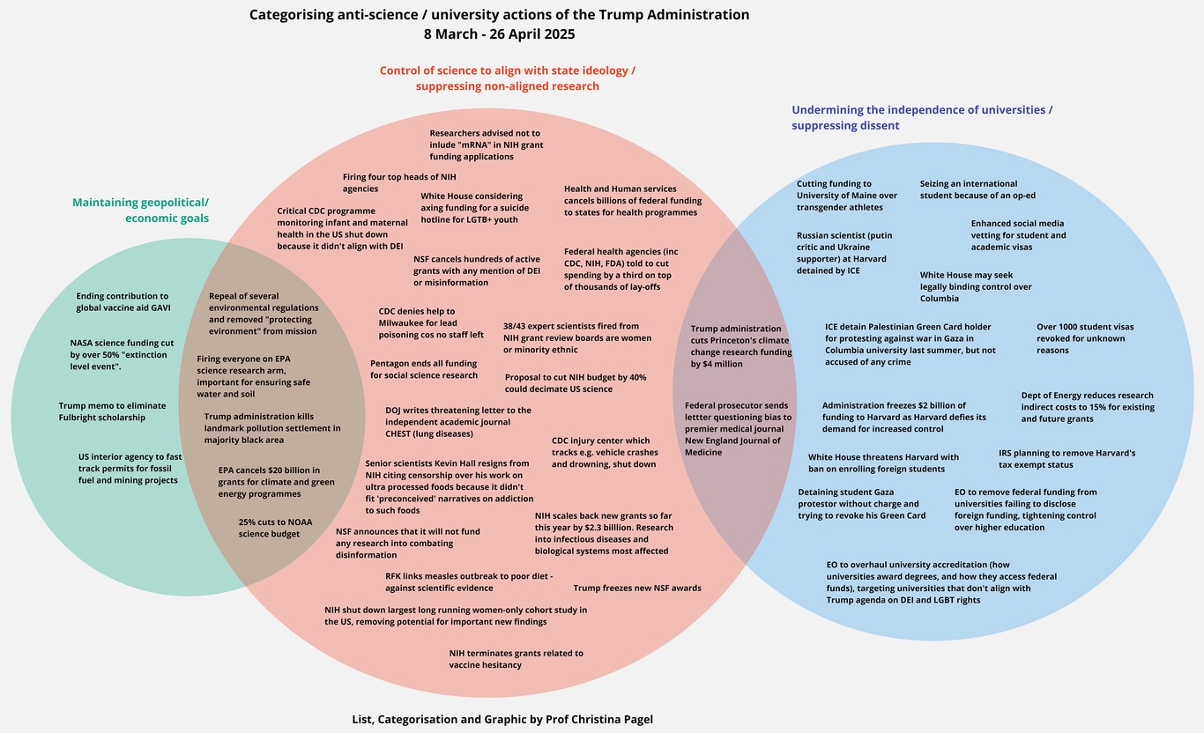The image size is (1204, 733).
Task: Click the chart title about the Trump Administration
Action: click(499, 25)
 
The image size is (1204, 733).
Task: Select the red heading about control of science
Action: click(507, 78)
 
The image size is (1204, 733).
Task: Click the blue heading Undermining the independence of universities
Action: click(922, 118)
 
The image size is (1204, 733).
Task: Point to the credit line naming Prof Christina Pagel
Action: click(502, 720)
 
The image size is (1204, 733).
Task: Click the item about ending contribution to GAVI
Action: click(123, 302)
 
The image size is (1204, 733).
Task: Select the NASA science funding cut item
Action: click(118, 354)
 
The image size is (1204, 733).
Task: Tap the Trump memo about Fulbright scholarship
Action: click(101, 411)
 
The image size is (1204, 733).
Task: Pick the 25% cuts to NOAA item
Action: click(275, 528)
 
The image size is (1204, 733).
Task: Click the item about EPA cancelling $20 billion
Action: click(276, 482)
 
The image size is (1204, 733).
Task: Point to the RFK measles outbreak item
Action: click(468, 581)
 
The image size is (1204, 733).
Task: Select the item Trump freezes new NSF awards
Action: click(637, 588)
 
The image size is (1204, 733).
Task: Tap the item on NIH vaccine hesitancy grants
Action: click(516, 659)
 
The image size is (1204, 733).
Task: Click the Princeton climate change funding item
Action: click(740, 345)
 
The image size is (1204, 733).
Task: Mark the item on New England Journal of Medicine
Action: click(738, 429)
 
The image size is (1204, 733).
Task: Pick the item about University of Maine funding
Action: click(846, 196)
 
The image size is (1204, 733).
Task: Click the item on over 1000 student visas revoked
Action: click(1085, 338)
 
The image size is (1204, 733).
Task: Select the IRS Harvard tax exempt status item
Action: click(1067, 459)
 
